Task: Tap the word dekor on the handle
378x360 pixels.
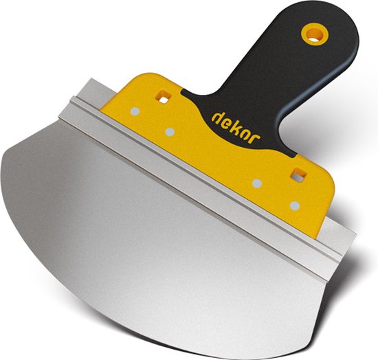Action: point(236,128)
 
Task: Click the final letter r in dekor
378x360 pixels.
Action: point(256,139)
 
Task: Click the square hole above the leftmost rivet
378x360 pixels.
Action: point(164,97)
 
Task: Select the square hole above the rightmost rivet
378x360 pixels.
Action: point(298,175)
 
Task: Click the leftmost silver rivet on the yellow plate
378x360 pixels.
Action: point(135,111)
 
